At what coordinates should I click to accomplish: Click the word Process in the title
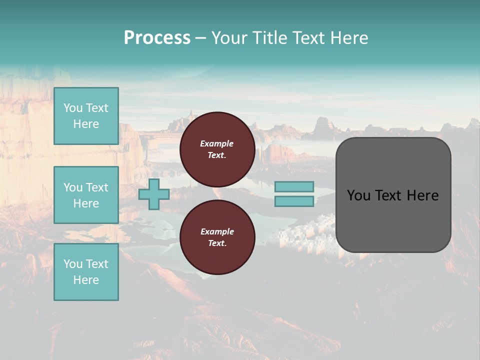(157, 38)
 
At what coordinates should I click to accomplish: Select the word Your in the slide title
(229, 38)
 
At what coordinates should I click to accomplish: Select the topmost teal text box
(86, 116)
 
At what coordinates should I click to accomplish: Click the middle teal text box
(86, 195)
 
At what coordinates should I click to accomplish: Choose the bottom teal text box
(86, 272)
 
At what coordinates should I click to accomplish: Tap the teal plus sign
(153, 194)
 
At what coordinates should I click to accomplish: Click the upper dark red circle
(217, 149)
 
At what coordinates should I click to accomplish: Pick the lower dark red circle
(217, 237)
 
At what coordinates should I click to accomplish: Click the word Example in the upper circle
(216, 143)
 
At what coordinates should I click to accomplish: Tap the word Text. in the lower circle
(216, 243)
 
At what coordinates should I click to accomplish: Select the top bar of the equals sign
(294, 186)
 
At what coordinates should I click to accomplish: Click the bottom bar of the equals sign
(294, 201)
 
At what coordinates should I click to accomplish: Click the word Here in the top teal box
(86, 124)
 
